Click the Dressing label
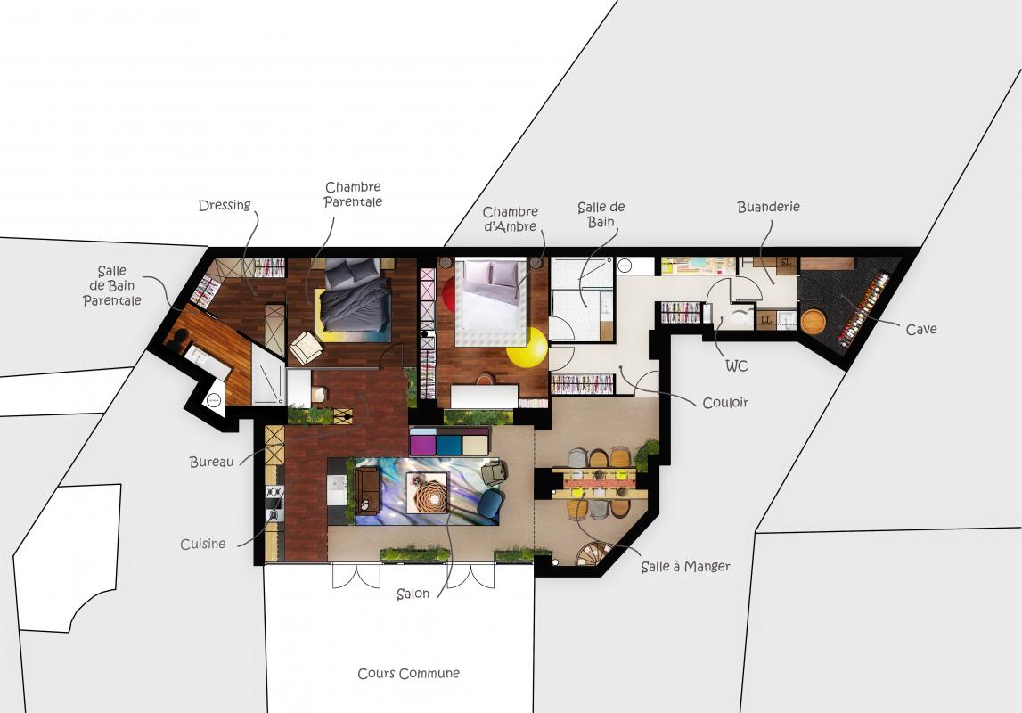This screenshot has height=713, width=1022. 225,205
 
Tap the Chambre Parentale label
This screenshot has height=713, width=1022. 353,195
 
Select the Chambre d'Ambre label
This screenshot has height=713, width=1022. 511,219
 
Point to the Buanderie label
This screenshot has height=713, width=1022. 768,207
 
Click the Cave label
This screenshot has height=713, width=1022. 921,329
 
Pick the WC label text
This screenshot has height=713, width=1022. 737,365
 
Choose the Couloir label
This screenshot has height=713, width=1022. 724,403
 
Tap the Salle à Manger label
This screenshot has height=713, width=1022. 685,566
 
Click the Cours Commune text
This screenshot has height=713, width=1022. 409,673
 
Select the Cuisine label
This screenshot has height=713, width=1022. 202,544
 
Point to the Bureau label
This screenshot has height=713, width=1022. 211,462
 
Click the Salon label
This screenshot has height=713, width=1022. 413,594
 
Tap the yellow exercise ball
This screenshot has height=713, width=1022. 527,347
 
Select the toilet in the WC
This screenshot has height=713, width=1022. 740,316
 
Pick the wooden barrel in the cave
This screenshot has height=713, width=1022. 813,322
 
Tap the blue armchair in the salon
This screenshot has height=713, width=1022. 490,505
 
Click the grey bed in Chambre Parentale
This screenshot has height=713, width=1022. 354,296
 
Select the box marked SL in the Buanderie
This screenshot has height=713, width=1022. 787,263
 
